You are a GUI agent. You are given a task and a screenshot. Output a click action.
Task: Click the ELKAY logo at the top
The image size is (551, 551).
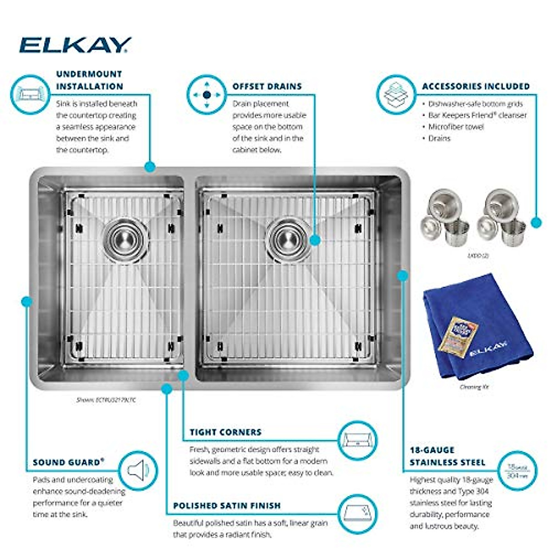pos(75,45)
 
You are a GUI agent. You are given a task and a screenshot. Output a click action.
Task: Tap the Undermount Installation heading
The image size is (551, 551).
pos(90,80)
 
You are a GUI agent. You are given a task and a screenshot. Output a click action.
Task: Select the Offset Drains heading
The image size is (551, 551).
pos(267,86)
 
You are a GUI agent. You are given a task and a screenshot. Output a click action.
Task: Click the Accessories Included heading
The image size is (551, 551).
pos(476,86)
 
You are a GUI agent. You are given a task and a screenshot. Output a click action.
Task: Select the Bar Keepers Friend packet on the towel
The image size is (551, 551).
pos(458,337)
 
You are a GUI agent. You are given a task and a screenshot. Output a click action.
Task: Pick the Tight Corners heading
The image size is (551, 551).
pos(225,432)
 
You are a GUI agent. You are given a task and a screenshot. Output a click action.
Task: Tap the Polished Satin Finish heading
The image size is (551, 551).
pos(227,506)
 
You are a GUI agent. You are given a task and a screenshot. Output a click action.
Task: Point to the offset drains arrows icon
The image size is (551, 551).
pos(207,95)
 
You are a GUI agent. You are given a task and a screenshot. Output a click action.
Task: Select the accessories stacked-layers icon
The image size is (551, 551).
pos(395,95)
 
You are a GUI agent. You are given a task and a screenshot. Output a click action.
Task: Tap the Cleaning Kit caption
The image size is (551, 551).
pos(474,387)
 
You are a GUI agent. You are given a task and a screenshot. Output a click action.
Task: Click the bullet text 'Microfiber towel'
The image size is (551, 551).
pos(455,127)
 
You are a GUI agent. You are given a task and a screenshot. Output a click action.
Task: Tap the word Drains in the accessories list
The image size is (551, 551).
pos(439,138)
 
